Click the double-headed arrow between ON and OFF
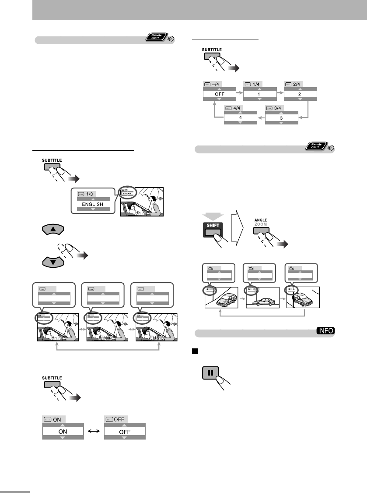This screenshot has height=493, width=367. [94, 431]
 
